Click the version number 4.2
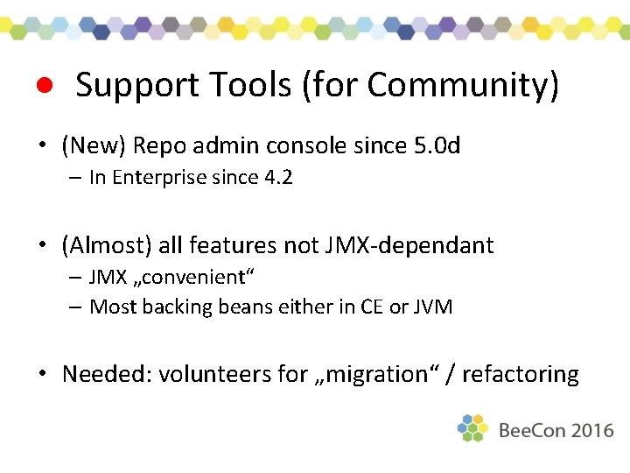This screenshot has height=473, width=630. tap(278, 178)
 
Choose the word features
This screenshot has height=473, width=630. tap(231, 245)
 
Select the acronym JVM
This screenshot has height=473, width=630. tap(432, 307)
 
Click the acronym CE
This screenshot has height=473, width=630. tap(372, 307)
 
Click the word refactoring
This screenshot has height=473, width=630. tap(521, 375)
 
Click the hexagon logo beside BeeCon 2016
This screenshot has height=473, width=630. tap(472, 428)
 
